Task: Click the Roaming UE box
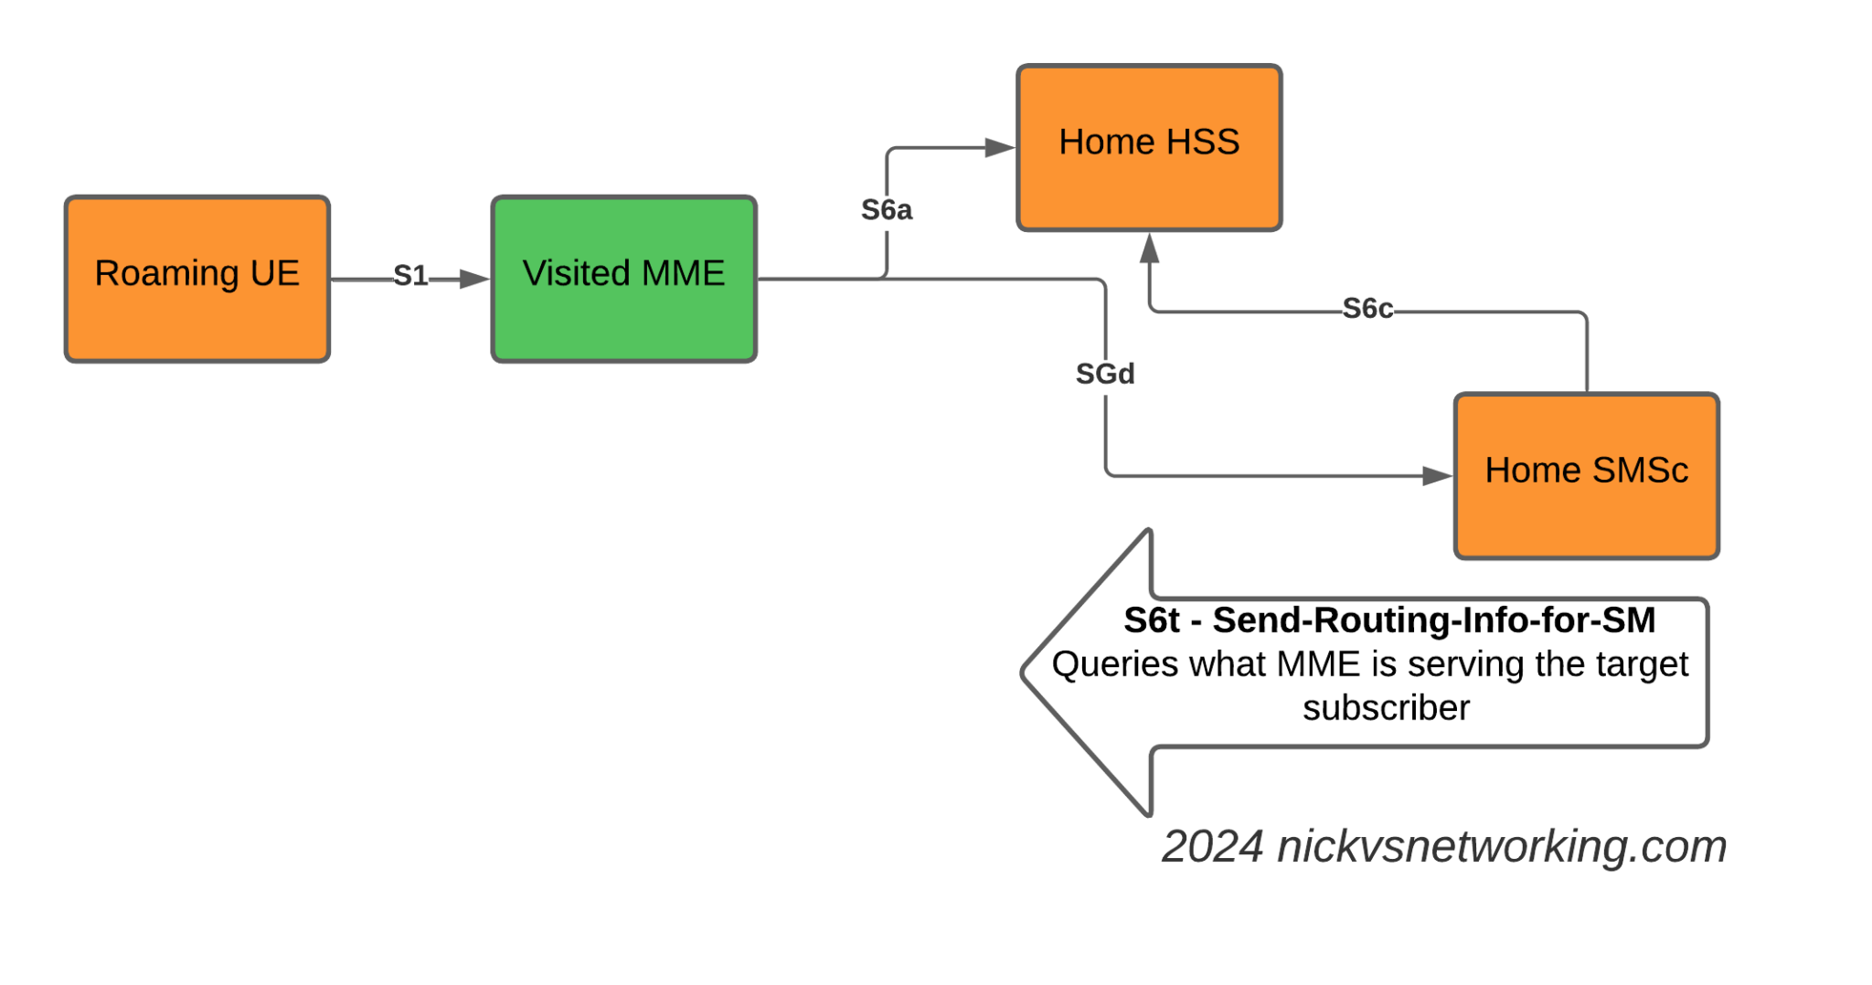(x=197, y=279)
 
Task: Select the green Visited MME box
(x=624, y=279)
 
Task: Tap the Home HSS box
(x=1149, y=147)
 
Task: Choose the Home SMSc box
(x=1587, y=475)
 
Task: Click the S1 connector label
(x=410, y=275)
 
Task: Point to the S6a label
(x=887, y=210)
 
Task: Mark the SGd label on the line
(x=1104, y=373)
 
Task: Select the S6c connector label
(x=1367, y=309)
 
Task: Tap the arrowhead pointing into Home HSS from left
(x=1000, y=147)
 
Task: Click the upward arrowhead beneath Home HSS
(x=1150, y=249)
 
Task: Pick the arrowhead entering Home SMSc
(x=1438, y=475)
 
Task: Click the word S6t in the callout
(x=1152, y=620)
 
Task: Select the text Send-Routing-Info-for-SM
(x=1433, y=620)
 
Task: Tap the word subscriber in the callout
(x=1386, y=708)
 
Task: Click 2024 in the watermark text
(x=1212, y=846)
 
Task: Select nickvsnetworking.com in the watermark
(x=1501, y=846)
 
